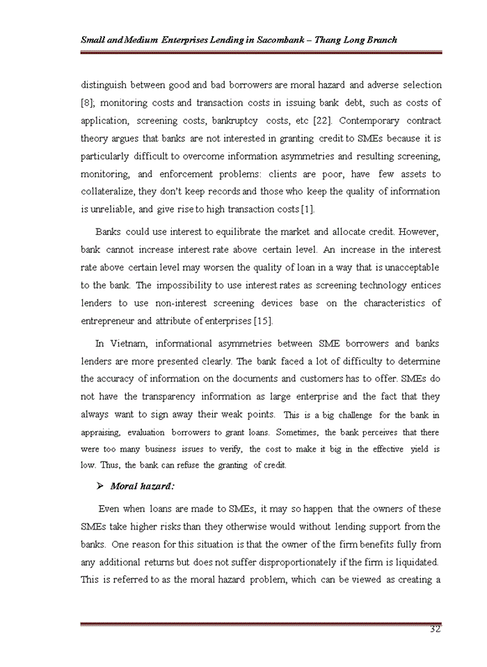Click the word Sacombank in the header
pos(283,40)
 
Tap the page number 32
pos(436,629)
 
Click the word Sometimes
pos(303,432)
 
